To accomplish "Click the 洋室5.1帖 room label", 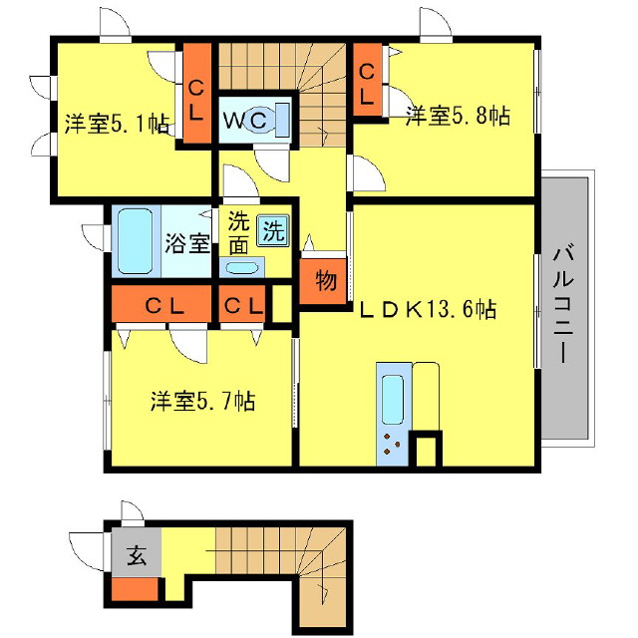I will (x=117, y=126).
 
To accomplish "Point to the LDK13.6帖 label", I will (x=429, y=310).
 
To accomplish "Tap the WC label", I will (x=243, y=121).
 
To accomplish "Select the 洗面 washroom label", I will (x=237, y=231).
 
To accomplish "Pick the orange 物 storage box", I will (x=325, y=280).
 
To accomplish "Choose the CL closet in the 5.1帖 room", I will (x=195, y=98).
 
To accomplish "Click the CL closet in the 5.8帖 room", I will (x=367, y=84).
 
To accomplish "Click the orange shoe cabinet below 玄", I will (x=134, y=589).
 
